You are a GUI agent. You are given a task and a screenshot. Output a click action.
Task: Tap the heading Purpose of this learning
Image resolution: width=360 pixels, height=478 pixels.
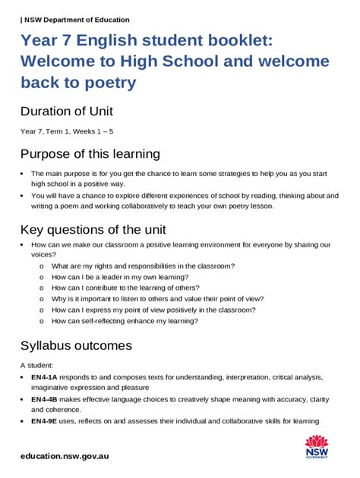point(90,154)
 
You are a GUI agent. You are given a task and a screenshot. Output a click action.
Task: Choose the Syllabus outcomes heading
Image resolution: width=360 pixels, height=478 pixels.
point(77,346)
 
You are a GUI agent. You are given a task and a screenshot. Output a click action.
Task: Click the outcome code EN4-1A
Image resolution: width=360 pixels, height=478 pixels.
point(44,377)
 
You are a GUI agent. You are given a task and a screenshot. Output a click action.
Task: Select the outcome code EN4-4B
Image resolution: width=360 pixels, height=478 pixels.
point(44,399)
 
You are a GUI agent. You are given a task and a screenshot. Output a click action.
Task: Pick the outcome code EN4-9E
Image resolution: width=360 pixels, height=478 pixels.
point(44,421)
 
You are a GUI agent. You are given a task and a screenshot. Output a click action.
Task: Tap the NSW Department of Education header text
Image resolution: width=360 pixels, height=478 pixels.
point(75,20)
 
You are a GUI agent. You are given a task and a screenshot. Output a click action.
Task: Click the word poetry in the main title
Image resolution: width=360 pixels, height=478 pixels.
point(115,82)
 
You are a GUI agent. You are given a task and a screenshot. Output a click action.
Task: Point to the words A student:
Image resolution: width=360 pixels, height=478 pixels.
point(36,365)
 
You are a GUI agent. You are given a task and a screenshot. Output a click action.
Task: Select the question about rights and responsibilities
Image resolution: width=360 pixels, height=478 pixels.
point(143,266)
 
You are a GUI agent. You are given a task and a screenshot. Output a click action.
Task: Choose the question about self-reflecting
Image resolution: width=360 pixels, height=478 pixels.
point(125,321)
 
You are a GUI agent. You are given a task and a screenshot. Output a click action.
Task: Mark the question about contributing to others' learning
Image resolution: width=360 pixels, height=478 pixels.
point(125,288)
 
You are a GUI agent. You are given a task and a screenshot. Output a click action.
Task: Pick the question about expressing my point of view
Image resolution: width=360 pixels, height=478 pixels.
point(153,310)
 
